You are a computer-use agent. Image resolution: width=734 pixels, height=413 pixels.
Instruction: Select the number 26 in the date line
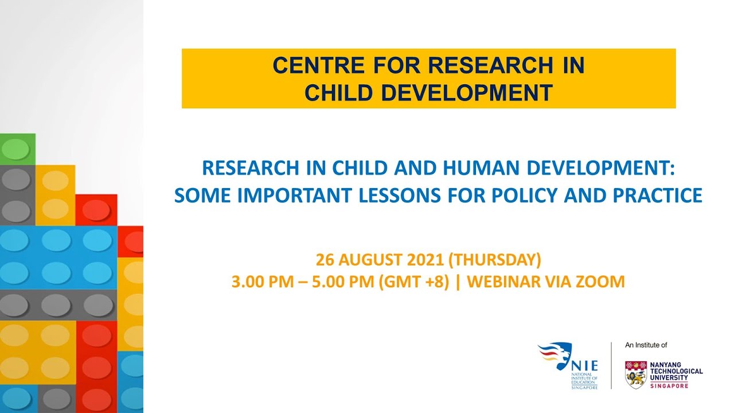point(325,260)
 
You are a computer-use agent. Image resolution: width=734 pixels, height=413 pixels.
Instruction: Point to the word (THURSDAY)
point(494,260)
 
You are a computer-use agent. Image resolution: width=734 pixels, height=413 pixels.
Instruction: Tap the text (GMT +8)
point(413,282)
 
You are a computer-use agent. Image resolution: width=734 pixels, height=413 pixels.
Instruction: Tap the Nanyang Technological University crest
point(635,375)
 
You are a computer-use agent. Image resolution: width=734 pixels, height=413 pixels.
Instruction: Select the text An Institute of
point(646,345)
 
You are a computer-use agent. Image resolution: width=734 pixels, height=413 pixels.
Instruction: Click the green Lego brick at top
point(17,149)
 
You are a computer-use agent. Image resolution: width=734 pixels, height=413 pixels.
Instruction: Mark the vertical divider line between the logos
point(611,365)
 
